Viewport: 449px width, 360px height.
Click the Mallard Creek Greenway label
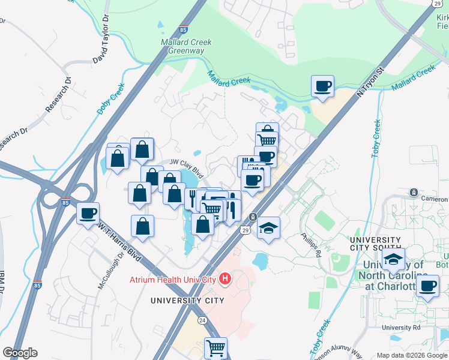pyautogui.click(x=182, y=46)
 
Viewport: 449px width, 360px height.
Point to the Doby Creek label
pyautogui.click(x=110, y=99)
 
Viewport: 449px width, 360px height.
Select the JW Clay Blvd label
pyautogui.click(x=187, y=167)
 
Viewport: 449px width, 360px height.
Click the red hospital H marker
pyautogui.click(x=225, y=278)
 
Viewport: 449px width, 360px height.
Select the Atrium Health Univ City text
pyautogui.click(x=172, y=280)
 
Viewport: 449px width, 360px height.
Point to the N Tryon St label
pyautogui.click(x=370, y=82)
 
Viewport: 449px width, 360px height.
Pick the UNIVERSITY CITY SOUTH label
pyautogui.click(x=376, y=244)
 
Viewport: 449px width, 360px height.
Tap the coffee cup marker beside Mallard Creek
pyautogui.click(x=323, y=86)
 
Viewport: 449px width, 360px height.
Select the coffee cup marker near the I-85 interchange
pyautogui.click(x=88, y=213)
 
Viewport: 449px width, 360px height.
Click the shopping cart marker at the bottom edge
pyautogui.click(x=215, y=347)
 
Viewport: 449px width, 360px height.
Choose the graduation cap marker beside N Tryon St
pyautogui.click(x=269, y=227)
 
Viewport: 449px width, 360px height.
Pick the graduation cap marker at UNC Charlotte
pyautogui.click(x=393, y=259)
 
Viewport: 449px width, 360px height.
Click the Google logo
pyautogui.click(x=20, y=353)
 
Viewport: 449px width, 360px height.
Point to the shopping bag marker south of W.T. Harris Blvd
pyautogui.click(x=142, y=226)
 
